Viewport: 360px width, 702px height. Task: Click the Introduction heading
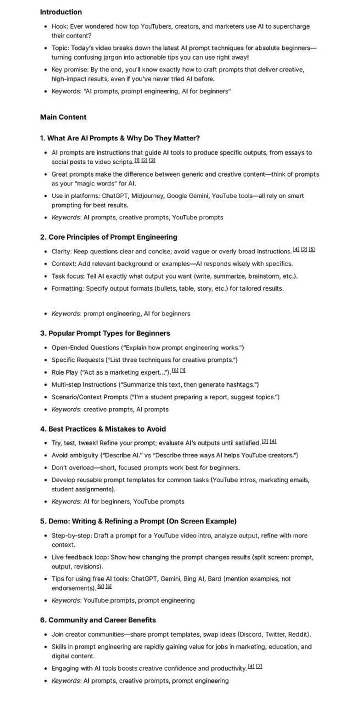[x=61, y=12]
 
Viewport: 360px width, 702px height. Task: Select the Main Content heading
[x=63, y=117]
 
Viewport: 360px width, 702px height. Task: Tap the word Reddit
[x=299, y=635]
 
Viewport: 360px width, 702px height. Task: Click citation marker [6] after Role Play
[x=175, y=371]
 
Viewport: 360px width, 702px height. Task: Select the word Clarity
[x=62, y=252]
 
